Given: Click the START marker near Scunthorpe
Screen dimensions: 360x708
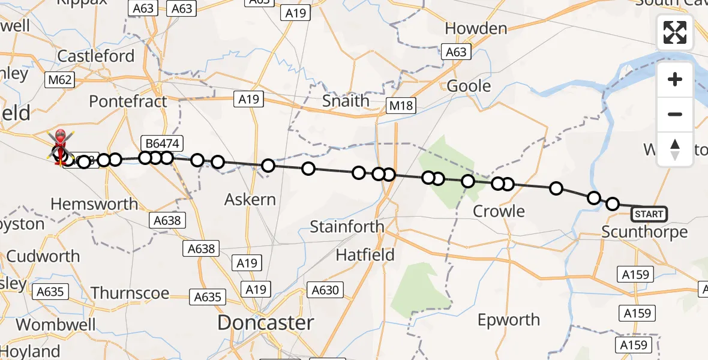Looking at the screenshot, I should click(x=649, y=214).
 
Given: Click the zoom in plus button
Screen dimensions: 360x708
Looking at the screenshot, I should click(x=675, y=79).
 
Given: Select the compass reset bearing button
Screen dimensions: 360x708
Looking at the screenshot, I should click(x=675, y=149).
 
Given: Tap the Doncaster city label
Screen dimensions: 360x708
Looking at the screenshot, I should click(x=265, y=323).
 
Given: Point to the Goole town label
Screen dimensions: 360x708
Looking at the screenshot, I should click(x=469, y=86).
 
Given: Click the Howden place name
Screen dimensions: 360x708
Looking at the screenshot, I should click(x=476, y=28).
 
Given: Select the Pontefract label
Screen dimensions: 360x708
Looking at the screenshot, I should click(x=128, y=101).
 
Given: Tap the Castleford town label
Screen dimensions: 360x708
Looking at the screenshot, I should click(x=96, y=56).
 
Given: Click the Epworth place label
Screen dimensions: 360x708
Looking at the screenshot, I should click(x=509, y=320).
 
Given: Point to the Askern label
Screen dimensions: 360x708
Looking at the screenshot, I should click(x=250, y=199).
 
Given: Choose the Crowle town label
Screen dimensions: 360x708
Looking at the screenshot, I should click(x=499, y=211).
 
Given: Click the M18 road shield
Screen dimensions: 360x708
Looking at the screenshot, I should click(x=400, y=106).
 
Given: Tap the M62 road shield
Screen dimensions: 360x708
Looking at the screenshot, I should click(x=60, y=80).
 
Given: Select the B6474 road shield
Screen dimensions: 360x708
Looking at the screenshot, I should click(x=162, y=143).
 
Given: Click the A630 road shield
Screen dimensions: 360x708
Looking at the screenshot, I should click(x=325, y=290).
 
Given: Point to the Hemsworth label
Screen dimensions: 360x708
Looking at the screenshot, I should click(x=94, y=204).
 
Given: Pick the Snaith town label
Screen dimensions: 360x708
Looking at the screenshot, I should click(x=346, y=101).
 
